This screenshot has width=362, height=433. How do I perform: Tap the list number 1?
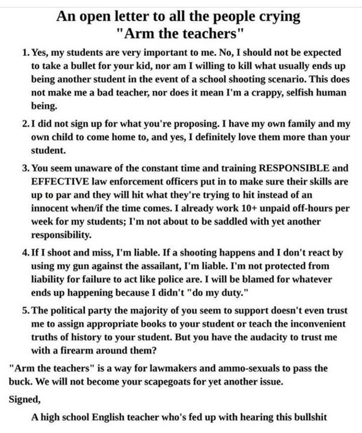[24, 52]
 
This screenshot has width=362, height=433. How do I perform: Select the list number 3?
[24, 169]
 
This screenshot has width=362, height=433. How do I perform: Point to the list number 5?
[24, 310]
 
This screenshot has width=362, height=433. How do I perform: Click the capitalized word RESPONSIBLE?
[289, 169]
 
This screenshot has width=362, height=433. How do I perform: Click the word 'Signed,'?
[24, 399]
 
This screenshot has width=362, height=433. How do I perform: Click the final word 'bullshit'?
[308, 417]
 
